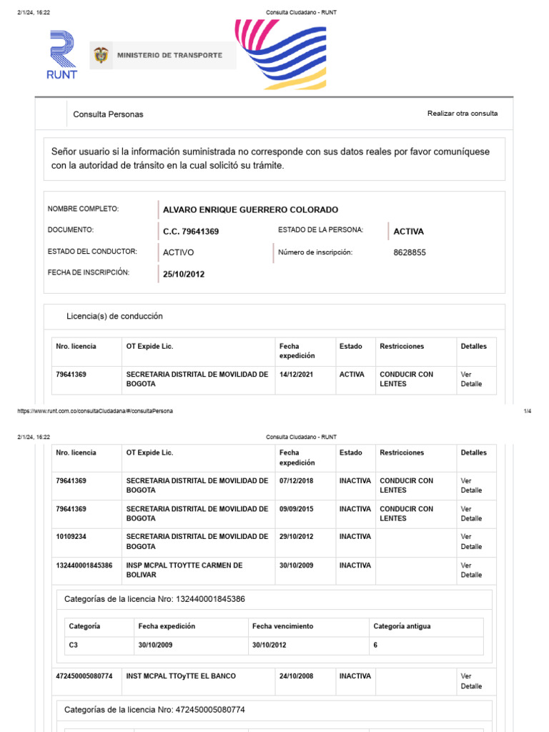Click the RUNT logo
62,54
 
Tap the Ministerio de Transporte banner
163,55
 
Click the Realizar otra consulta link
463,114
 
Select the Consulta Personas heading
108,114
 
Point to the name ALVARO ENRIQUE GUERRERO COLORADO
250,209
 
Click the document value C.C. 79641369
191,232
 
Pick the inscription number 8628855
410,252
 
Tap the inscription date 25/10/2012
184,274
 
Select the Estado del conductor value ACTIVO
178,252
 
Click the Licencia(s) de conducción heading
114,316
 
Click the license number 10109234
71,537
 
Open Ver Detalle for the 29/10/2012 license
471,542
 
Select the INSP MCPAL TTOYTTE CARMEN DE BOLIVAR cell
184,570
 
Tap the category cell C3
74,645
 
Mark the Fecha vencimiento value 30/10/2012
272,645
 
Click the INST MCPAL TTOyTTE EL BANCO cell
181,676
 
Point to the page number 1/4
528,411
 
